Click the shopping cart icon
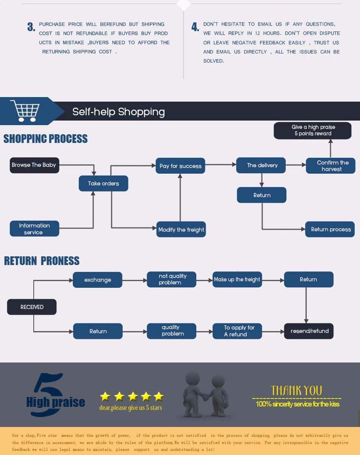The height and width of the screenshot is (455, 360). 25,111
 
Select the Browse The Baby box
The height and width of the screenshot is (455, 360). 34,165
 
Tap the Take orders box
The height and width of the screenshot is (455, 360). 103,183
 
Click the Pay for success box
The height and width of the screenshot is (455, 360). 180,166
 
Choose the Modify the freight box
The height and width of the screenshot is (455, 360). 181,229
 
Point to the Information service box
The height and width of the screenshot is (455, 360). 34,229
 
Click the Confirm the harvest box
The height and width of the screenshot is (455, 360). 330,166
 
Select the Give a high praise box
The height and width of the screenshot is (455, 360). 313,130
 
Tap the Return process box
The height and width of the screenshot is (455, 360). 330,229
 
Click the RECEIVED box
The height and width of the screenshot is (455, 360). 32,307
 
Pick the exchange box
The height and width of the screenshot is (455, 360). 97,280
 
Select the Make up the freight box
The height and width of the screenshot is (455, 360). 237,279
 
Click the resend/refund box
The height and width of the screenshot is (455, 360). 309,331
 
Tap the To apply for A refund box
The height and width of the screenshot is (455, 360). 237,331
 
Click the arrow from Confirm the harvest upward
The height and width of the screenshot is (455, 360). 330,148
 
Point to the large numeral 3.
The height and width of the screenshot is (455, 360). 31,27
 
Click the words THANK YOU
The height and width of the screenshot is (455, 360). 297,390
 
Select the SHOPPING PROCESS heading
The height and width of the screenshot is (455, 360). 45,139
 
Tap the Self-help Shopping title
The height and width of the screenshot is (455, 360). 119,111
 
